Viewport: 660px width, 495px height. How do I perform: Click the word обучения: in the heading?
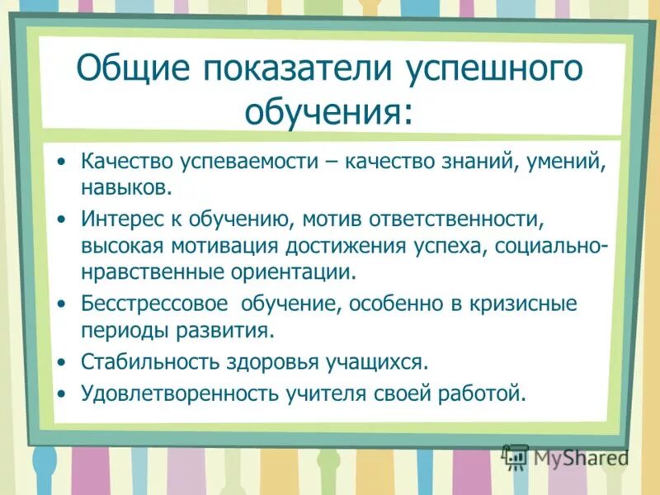click(328, 110)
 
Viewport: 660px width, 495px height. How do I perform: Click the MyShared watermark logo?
click(565, 456)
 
